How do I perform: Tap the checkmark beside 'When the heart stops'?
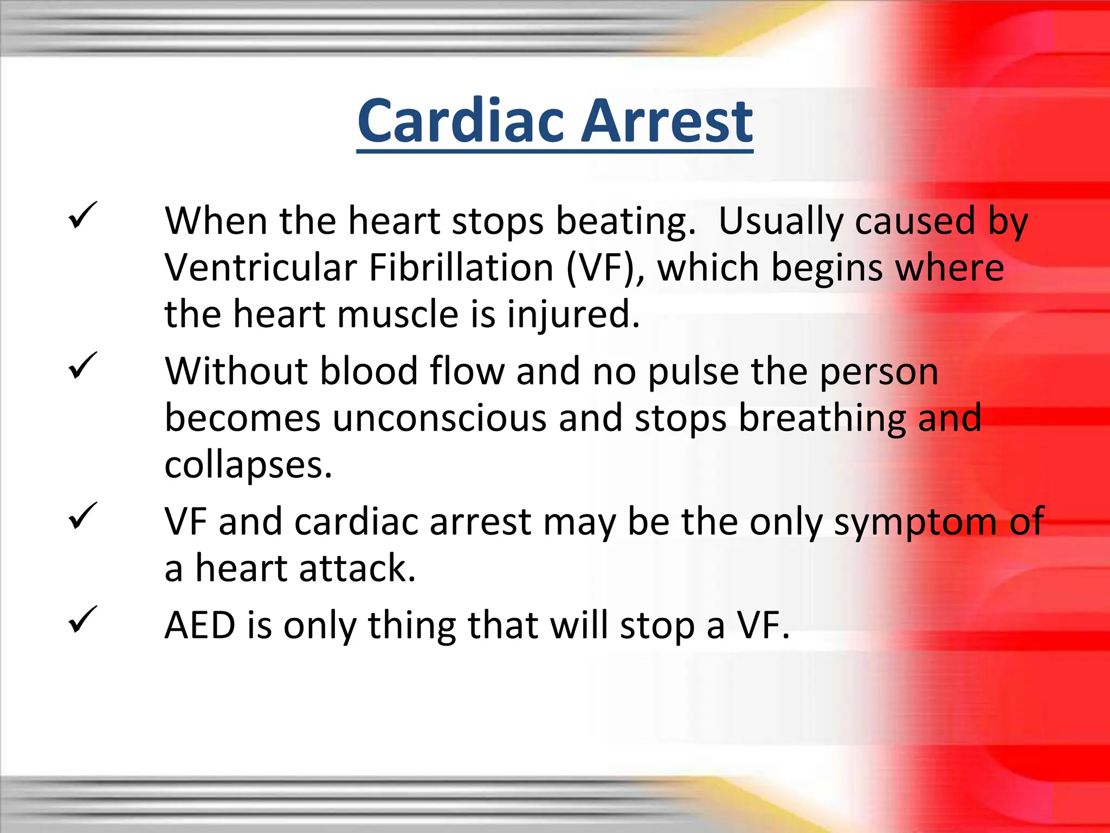(x=82, y=215)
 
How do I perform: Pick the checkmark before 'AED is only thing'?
(x=82, y=620)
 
